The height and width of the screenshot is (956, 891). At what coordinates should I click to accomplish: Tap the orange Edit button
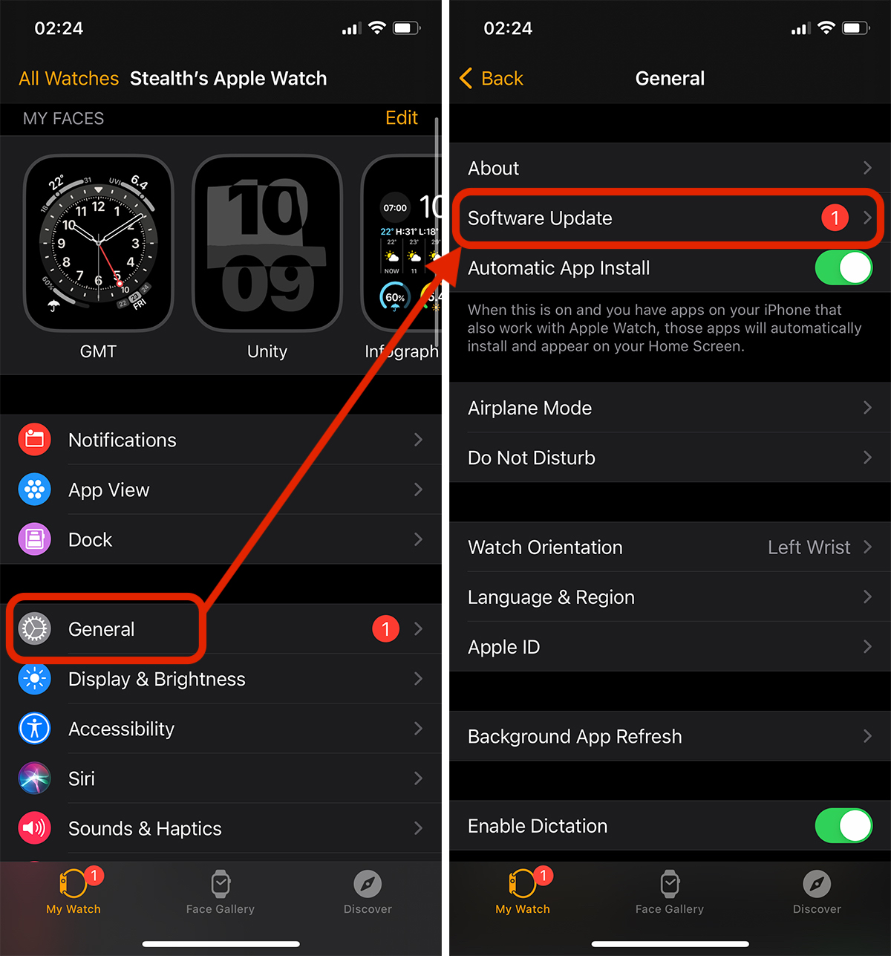tap(401, 118)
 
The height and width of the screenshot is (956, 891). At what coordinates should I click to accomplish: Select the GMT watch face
tap(98, 243)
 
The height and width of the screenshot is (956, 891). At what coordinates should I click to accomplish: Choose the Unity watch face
tap(267, 243)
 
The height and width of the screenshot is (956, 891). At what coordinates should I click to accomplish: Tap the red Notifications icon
tap(34, 440)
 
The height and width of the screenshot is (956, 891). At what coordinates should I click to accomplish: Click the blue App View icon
tap(34, 490)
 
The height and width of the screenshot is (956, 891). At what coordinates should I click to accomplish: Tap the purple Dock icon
tap(34, 539)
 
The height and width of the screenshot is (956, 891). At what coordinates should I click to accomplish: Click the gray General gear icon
tap(34, 629)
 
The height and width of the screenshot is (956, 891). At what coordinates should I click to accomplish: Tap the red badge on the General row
tap(385, 629)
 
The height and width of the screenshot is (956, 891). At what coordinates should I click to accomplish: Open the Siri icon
tap(34, 778)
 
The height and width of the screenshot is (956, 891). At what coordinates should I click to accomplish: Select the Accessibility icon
tap(34, 729)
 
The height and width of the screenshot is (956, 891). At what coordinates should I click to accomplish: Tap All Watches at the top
tap(68, 79)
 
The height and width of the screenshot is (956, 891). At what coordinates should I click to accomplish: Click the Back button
tap(492, 79)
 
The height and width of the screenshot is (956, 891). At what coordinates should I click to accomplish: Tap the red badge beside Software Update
tap(835, 218)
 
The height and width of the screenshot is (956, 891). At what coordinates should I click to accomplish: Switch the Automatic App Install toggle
tap(843, 268)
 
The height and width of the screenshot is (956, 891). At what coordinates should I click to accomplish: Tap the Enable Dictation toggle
tap(843, 826)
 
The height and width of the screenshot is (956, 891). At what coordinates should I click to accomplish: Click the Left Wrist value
tap(809, 547)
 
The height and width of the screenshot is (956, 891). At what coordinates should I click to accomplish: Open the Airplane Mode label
tap(529, 408)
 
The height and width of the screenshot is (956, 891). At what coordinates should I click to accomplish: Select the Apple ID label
tap(503, 647)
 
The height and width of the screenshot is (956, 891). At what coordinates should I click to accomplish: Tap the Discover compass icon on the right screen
tap(817, 884)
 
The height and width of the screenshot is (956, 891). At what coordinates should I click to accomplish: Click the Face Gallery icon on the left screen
tap(221, 884)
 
